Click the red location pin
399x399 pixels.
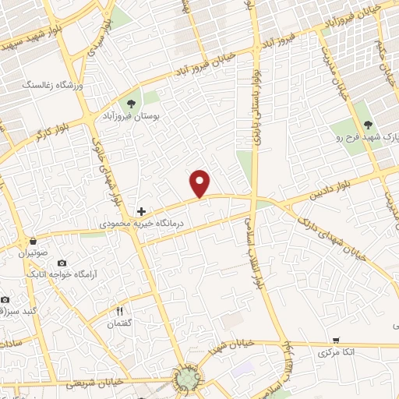coord(200,182)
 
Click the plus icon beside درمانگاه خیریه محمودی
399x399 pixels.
coord(141,210)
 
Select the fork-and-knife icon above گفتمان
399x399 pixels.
coord(119,311)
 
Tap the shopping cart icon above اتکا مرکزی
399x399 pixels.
coord(335,340)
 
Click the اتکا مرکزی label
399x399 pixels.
coord(337,353)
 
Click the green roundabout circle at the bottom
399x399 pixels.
coord(187,380)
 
